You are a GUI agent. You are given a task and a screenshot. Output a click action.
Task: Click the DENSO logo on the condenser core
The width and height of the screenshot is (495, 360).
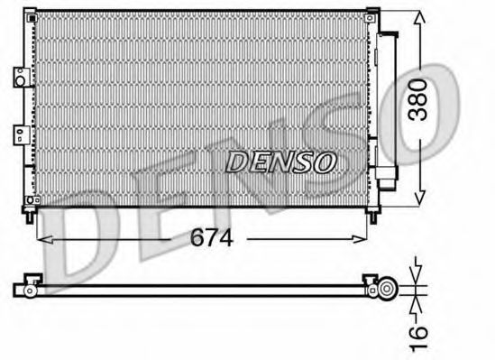click(280, 162)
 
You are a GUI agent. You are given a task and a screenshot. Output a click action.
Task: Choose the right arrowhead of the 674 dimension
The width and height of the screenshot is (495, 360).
click(363, 238)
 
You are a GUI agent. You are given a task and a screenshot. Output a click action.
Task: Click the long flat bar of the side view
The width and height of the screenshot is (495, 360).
click(198, 290)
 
